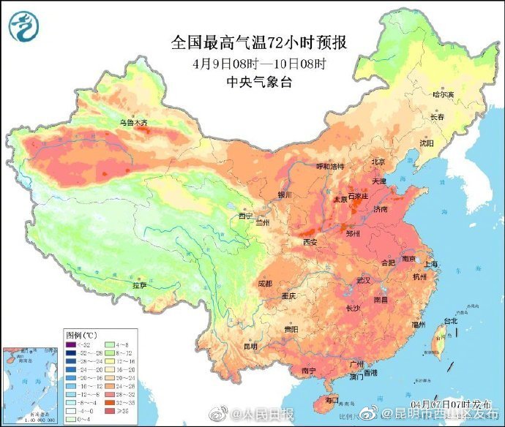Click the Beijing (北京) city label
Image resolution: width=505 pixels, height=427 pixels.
click(x=378, y=162)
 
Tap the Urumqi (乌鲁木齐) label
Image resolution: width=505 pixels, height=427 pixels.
click(x=133, y=123)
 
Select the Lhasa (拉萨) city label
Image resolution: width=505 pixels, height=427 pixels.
click(x=139, y=285)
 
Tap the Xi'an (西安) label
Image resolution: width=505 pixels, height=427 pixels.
click(x=310, y=242)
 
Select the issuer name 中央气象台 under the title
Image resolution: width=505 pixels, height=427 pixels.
click(x=261, y=81)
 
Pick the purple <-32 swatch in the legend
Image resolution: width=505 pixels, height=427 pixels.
click(x=70, y=344)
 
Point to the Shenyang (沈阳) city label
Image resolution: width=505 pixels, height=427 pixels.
click(x=426, y=143)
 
